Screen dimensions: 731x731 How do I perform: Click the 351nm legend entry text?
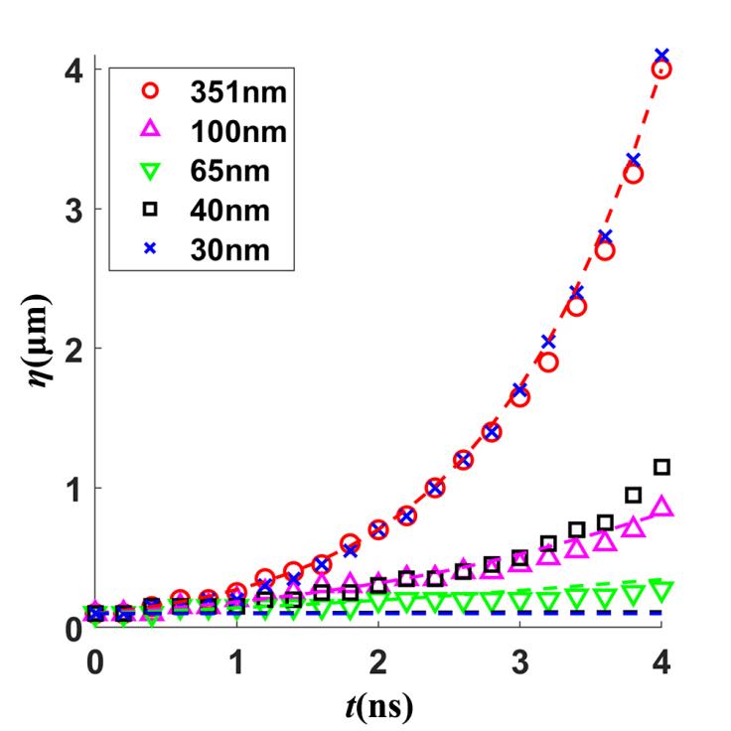[x=238, y=92]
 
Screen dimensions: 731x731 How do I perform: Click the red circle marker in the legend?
[x=150, y=91]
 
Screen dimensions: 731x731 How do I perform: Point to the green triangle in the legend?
[x=150, y=171]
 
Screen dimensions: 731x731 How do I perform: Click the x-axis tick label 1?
[x=236, y=658]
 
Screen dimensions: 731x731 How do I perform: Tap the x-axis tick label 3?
[x=519, y=658]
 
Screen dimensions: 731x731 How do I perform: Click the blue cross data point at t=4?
[x=661, y=55]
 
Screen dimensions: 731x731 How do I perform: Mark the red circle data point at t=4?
[x=661, y=70]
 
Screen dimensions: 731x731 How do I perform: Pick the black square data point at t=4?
[x=661, y=467]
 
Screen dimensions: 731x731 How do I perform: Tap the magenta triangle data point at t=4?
[x=662, y=508]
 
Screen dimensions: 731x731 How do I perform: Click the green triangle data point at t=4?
[x=662, y=588]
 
